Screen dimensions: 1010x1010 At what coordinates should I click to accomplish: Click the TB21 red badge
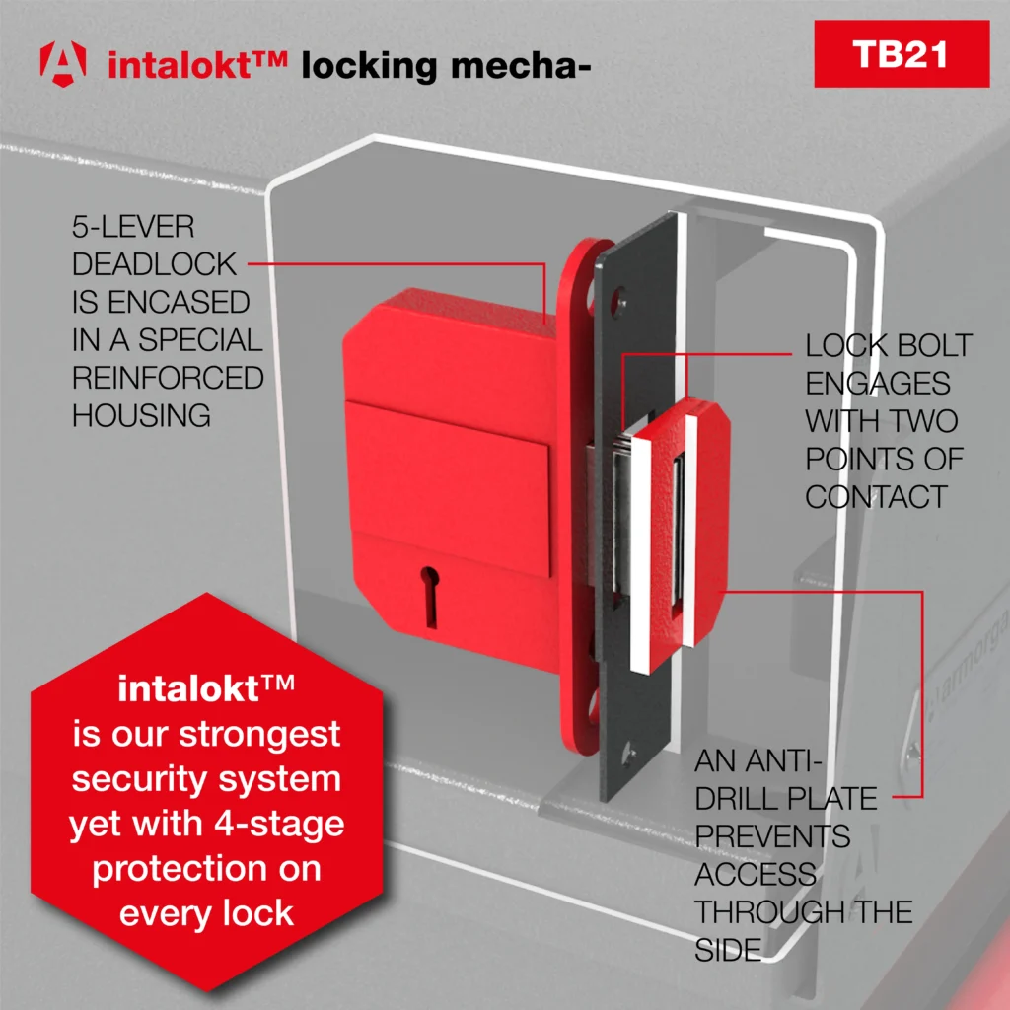(901, 53)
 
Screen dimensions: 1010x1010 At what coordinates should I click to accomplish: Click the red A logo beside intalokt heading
(62, 62)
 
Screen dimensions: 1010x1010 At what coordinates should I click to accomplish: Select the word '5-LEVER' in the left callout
(133, 227)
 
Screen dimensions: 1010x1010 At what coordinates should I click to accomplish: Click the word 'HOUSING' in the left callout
(141, 415)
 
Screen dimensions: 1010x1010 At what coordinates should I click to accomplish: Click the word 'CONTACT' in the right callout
(876, 496)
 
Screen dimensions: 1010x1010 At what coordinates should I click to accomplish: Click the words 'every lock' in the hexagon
(206, 912)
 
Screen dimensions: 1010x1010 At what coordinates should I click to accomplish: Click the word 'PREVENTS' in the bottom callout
(771, 835)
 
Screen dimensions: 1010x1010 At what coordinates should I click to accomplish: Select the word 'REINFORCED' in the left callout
(168, 378)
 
